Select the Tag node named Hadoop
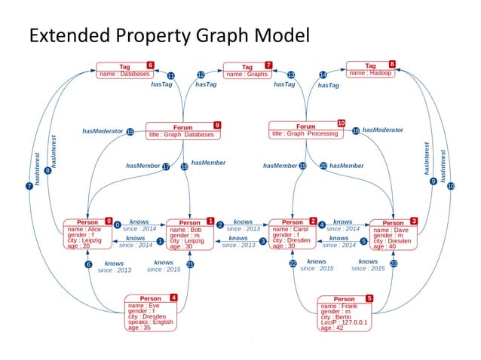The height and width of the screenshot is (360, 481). tap(370, 69)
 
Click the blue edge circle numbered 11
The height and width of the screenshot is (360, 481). tap(170, 76)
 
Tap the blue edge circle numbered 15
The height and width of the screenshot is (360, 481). tap(130, 132)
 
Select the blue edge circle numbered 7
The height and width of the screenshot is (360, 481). tap(29, 185)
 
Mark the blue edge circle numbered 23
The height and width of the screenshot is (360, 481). tap(393, 264)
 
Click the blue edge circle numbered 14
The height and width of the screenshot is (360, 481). tap(323, 75)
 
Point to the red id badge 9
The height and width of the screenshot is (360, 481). tap(217, 124)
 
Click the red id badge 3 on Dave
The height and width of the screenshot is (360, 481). tap(413, 221)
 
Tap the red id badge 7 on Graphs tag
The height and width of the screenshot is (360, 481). tap(268, 66)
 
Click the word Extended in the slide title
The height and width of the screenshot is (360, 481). tap(61, 35)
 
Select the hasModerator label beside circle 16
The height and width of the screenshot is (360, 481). tap(382, 130)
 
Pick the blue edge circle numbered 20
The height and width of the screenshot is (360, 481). tap(323, 166)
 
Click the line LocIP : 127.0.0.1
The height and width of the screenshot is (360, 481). tap(344, 322)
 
